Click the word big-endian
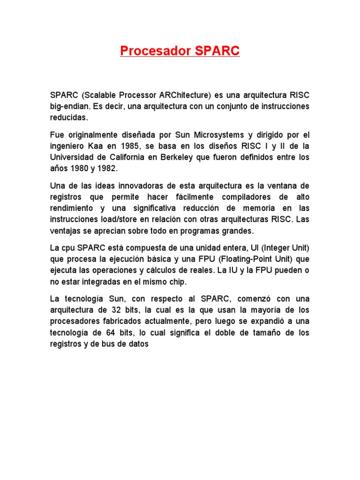coord(70,106)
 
